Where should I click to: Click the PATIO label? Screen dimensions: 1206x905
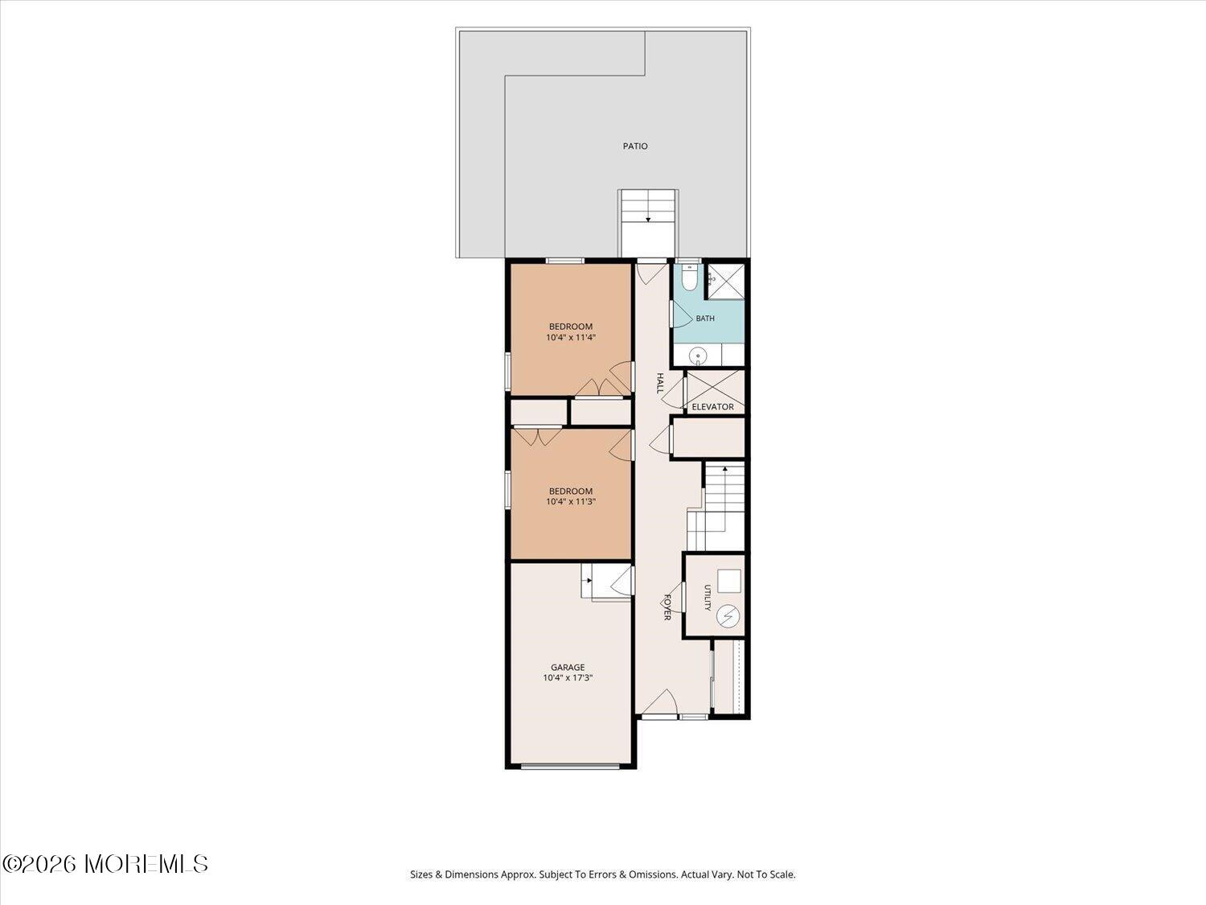click(635, 146)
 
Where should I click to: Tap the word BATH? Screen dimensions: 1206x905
click(705, 318)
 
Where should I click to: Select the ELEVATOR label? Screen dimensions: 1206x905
click(712, 406)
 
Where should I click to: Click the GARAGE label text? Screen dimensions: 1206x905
click(568, 668)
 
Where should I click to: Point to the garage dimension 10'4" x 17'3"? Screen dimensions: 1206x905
click(568, 678)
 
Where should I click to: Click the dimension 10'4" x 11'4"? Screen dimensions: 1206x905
click(571, 337)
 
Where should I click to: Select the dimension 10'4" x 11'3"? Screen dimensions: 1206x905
click(571, 502)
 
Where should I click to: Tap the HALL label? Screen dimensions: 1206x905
click(660, 383)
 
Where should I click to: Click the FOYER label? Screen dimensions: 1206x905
click(667, 607)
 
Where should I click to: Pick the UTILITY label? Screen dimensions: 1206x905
click(707, 598)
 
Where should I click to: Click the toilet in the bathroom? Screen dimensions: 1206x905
click(689, 277)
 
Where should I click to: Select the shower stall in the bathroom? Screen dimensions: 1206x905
click(726, 282)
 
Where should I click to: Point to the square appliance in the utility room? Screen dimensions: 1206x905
click(729, 581)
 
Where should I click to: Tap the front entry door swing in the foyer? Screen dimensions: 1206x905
click(658, 701)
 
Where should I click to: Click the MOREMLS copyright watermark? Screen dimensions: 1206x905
click(105, 864)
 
